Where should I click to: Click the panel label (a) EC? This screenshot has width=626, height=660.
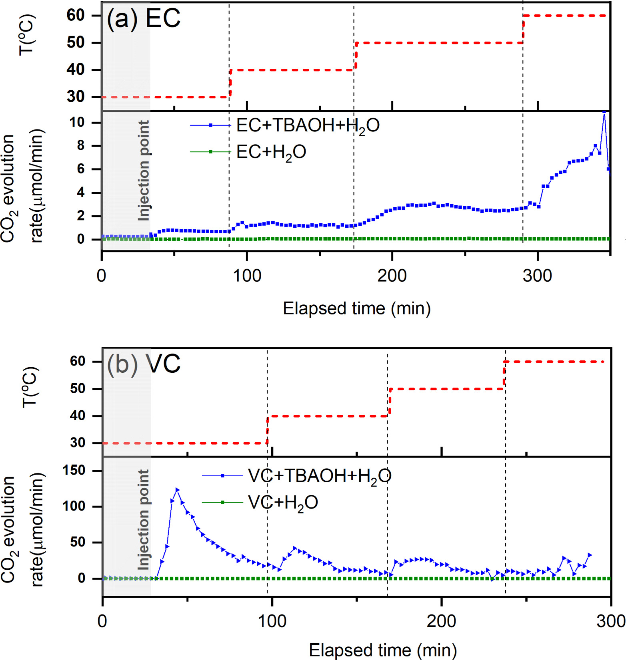[143, 18]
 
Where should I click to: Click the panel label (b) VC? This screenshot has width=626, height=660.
[143, 364]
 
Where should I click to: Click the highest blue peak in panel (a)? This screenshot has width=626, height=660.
[604, 113]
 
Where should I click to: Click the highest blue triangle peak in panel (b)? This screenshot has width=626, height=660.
[177, 490]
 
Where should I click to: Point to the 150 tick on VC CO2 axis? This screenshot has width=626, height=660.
[74, 471]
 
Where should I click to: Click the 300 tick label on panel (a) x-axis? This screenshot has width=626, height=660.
[537, 276]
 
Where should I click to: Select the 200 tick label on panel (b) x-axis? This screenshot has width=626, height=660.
[441, 622]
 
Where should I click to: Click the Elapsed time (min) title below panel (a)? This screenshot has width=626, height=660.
[356, 308]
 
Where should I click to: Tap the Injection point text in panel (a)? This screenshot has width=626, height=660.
[144, 171]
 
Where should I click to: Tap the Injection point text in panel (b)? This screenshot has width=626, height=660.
[144, 519]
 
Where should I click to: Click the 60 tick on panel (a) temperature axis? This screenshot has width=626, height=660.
[76, 16]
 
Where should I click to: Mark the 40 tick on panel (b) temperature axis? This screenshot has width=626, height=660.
[78, 416]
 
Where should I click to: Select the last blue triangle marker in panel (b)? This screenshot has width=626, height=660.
[589, 555]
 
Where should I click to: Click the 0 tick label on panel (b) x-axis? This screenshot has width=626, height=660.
[102, 622]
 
